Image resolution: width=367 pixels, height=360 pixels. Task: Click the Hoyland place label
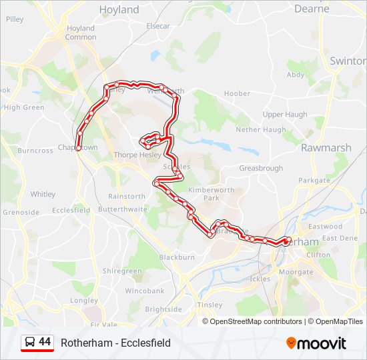(x=119, y=10)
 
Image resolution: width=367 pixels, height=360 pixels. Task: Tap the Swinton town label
(x=347, y=61)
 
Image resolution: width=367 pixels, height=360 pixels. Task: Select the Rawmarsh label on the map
(x=322, y=147)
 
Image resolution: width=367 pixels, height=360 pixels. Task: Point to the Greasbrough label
(x=261, y=169)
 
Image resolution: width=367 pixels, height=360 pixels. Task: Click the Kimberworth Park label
(x=204, y=194)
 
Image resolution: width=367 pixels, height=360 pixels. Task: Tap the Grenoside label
(x=21, y=213)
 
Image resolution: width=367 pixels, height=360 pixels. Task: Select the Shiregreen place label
(x=122, y=271)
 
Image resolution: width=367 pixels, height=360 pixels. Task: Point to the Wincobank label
(x=144, y=291)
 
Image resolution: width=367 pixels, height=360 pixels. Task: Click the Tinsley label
(x=210, y=305)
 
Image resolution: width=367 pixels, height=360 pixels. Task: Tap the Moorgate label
(x=296, y=273)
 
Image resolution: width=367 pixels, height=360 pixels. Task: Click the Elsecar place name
(x=158, y=26)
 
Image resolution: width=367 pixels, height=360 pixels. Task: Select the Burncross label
(x=35, y=151)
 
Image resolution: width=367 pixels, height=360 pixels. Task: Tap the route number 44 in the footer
(x=45, y=342)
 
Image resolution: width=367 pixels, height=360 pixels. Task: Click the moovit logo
(x=316, y=343)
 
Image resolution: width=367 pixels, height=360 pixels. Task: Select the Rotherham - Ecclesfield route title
(x=115, y=343)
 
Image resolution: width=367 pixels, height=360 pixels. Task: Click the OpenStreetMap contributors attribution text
(x=256, y=321)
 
